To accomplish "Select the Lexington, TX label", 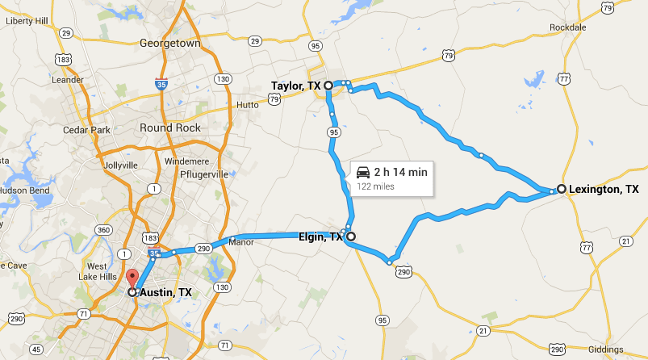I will pyautogui.click(x=603, y=190).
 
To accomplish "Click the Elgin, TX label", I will pyautogui.click(x=320, y=237).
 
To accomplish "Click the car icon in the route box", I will pyautogui.click(x=363, y=172).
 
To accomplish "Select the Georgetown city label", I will pyautogui.click(x=169, y=43).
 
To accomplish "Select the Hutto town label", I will pyautogui.click(x=248, y=105).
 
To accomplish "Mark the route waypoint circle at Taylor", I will pyautogui.click(x=328, y=84).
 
